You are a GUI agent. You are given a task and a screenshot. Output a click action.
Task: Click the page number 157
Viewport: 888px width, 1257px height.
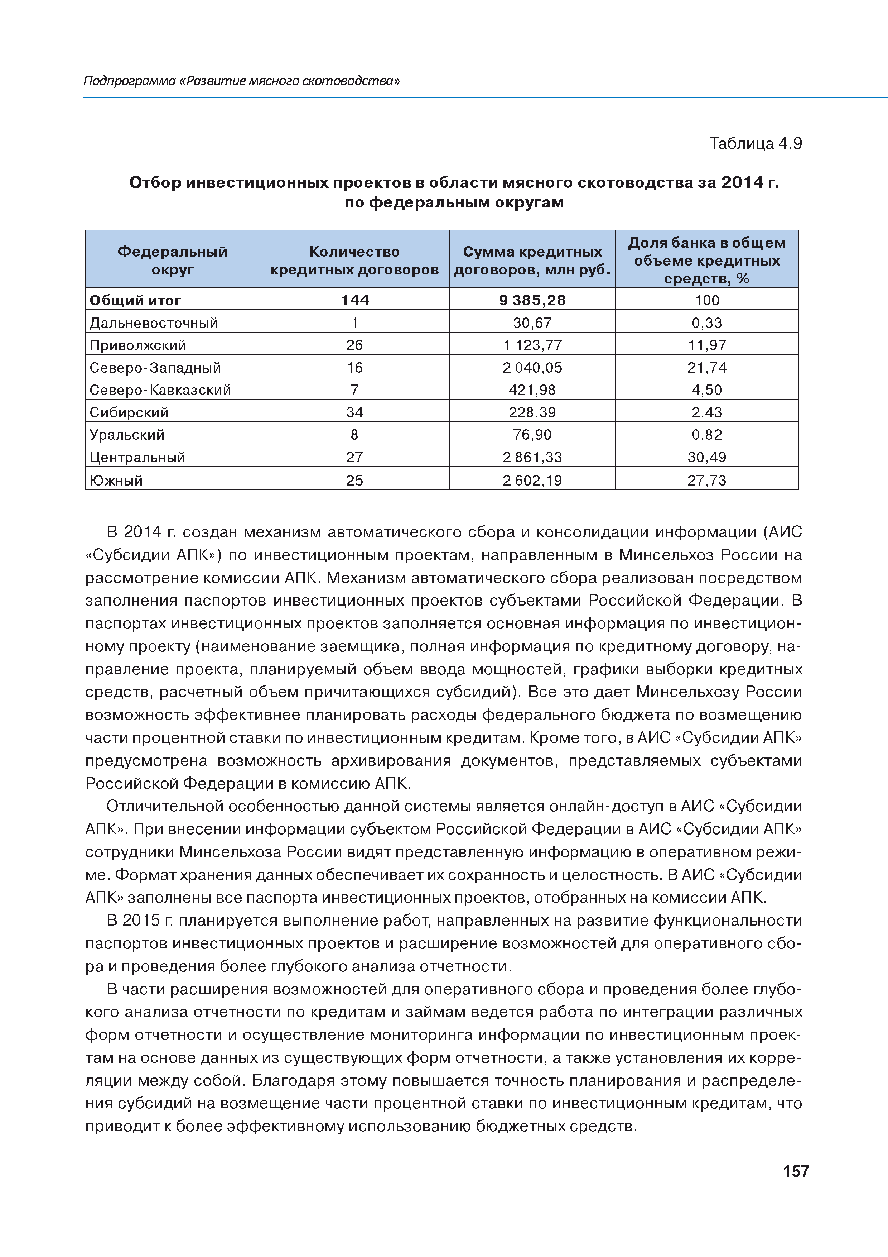point(796,1171)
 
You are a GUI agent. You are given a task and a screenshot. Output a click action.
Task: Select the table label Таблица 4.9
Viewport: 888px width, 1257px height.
point(756,143)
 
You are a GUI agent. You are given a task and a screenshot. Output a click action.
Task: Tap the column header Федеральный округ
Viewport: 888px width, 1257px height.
point(172,260)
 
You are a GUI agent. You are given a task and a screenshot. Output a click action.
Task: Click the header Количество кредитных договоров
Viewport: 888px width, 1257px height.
point(354,260)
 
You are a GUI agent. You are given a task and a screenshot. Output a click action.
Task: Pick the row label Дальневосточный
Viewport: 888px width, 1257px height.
point(154,323)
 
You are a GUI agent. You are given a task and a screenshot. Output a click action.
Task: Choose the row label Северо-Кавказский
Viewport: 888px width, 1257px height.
point(160,390)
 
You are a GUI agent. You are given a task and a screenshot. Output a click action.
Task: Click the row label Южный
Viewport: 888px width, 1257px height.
point(116,480)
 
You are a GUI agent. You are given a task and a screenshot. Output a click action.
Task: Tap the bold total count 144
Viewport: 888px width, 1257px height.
point(354,300)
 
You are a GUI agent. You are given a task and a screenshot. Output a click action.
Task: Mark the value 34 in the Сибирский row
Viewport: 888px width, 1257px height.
point(354,412)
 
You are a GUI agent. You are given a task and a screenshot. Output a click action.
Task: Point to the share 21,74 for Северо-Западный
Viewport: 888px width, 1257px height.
point(707,367)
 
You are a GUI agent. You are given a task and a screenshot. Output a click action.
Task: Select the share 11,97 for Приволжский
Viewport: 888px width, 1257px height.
point(707,345)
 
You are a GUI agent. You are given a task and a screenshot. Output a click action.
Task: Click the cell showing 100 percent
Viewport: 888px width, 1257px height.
point(707,300)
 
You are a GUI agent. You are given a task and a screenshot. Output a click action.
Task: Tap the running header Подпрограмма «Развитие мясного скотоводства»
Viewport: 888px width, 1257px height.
point(241,81)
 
